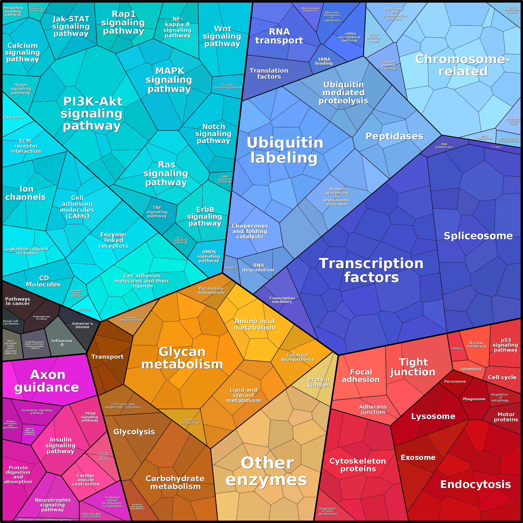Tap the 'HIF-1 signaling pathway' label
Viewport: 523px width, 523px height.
tap(36, 9)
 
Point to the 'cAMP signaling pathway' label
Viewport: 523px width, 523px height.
tap(224, 179)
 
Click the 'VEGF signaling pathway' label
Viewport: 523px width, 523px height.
tap(181, 240)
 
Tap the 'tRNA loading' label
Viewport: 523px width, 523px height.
tap(324, 61)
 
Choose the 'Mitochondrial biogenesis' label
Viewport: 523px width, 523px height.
tap(310, 10)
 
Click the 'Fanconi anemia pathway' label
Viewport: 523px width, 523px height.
tap(389, 65)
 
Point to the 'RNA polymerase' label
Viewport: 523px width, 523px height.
tap(444, 146)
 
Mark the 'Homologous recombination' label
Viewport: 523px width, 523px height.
tap(509, 140)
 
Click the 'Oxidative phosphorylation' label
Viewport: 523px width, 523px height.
tap(131, 319)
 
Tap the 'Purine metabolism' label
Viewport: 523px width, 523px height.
tap(190, 421)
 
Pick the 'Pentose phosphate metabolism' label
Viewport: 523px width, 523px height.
tap(138, 507)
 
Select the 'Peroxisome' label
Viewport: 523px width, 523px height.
tap(455, 381)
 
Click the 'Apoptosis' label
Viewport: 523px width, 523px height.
tap(471, 369)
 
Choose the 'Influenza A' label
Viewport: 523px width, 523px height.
tap(62, 342)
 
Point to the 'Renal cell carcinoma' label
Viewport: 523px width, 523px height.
tap(11, 323)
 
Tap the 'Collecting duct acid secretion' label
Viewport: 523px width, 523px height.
tap(91, 515)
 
